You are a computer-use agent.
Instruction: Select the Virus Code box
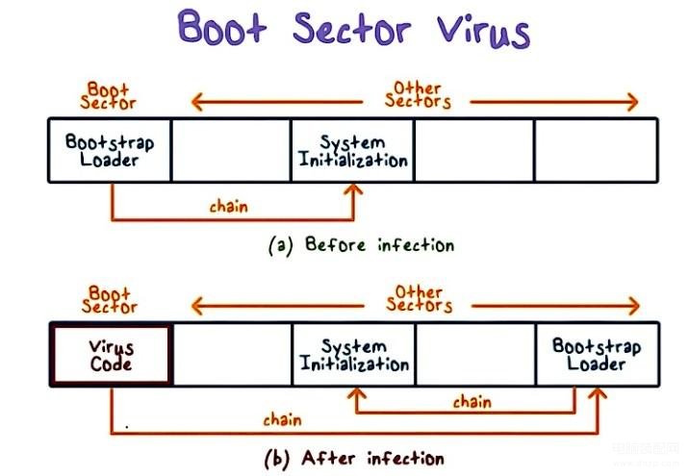(x=111, y=356)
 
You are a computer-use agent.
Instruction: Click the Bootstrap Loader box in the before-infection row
(x=110, y=150)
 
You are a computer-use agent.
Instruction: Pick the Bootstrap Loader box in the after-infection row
(x=597, y=355)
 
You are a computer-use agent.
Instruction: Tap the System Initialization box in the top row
(x=353, y=150)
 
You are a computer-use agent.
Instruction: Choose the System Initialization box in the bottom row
(x=353, y=355)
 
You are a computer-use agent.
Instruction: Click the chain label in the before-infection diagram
(x=228, y=206)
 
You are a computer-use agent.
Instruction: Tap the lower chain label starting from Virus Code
(x=281, y=419)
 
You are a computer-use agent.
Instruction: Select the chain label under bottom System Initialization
(x=471, y=402)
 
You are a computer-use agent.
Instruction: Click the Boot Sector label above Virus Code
(x=110, y=299)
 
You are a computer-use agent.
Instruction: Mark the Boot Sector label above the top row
(x=110, y=94)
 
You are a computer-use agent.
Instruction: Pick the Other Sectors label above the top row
(x=419, y=93)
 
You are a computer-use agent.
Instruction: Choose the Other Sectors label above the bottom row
(x=419, y=298)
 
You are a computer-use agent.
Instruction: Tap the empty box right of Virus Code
(x=232, y=355)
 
